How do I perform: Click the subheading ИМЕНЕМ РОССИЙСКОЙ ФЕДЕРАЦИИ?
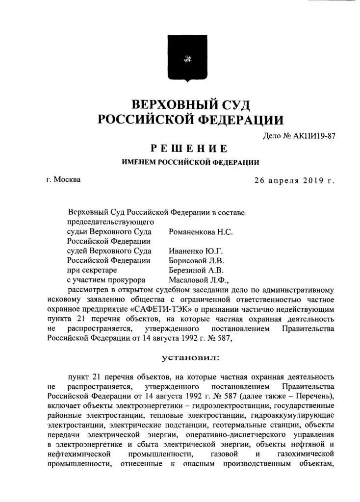pos(190,162)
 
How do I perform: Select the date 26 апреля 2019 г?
pos(294,180)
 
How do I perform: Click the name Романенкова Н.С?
pos(201,232)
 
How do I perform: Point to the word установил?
pos(191,358)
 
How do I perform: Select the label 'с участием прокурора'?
pos(106,280)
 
